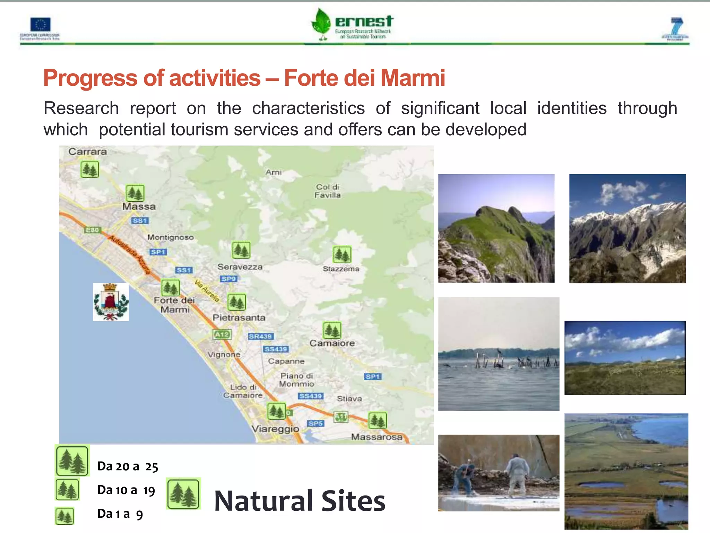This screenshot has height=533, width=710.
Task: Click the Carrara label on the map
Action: click(x=87, y=152)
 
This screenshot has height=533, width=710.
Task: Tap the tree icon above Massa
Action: click(x=135, y=193)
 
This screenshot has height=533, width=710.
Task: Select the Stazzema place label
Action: click(x=341, y=269)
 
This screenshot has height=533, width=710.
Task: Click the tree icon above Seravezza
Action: click(x=241, y=250)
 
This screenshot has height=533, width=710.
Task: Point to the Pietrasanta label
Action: click(x=239, y=318)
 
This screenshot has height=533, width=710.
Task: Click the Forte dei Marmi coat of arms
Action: click(x=111, y=302)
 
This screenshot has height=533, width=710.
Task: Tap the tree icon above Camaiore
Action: click(x=332, y=330)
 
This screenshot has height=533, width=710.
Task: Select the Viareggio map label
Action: click(x=275, y=429)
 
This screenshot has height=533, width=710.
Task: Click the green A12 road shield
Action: click(x=222, y=335)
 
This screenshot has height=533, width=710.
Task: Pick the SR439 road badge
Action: click(x=261, y=336)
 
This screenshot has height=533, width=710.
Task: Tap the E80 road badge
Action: click(x=92, y=230)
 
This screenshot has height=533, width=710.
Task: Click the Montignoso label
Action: click(x=170, y=237)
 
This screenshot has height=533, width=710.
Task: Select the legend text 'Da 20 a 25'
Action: click(x=128, y=466)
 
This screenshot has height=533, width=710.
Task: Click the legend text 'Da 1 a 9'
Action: click(x=120, y=514)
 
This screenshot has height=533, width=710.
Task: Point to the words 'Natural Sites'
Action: click(x=300, y=501)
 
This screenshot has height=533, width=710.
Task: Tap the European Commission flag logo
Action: click(x=40, y=25)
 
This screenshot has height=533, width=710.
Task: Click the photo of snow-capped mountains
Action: click(x=627, y=228)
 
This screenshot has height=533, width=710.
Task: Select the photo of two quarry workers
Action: click(x=499, y=473)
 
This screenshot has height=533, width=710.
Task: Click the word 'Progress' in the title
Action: click(x=90, y=78)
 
